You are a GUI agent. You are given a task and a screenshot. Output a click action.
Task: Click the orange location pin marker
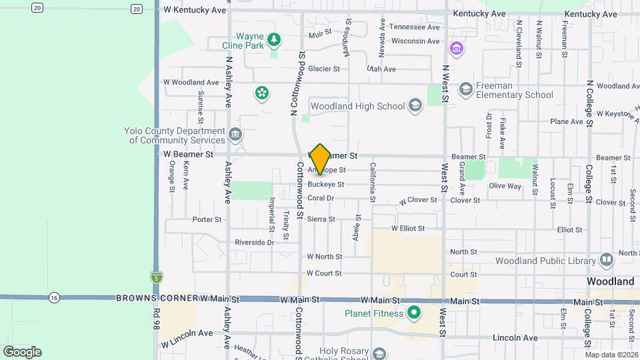(321, 159)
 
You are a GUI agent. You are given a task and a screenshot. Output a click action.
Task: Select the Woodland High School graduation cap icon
(415, 106)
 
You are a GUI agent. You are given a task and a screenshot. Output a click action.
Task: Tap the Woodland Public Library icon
(606, 259)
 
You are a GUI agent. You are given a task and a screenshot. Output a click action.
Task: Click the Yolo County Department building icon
(235, 135)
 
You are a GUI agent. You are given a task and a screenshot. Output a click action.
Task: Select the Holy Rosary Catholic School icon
(379, 353)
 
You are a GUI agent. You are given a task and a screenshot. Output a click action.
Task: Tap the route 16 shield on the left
(54, 297)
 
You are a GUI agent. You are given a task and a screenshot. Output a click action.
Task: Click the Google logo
(22, 351)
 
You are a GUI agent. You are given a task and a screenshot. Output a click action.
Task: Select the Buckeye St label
(326, 185)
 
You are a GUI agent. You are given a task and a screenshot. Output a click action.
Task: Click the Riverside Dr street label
(254, 243)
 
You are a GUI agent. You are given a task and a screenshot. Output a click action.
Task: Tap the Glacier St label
(323, 69)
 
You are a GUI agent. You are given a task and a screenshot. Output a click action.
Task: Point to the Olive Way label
(505, 186)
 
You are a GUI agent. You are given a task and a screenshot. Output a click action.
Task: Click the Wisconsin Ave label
(415, 41)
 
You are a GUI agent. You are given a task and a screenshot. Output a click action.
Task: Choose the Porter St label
(207, 219)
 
